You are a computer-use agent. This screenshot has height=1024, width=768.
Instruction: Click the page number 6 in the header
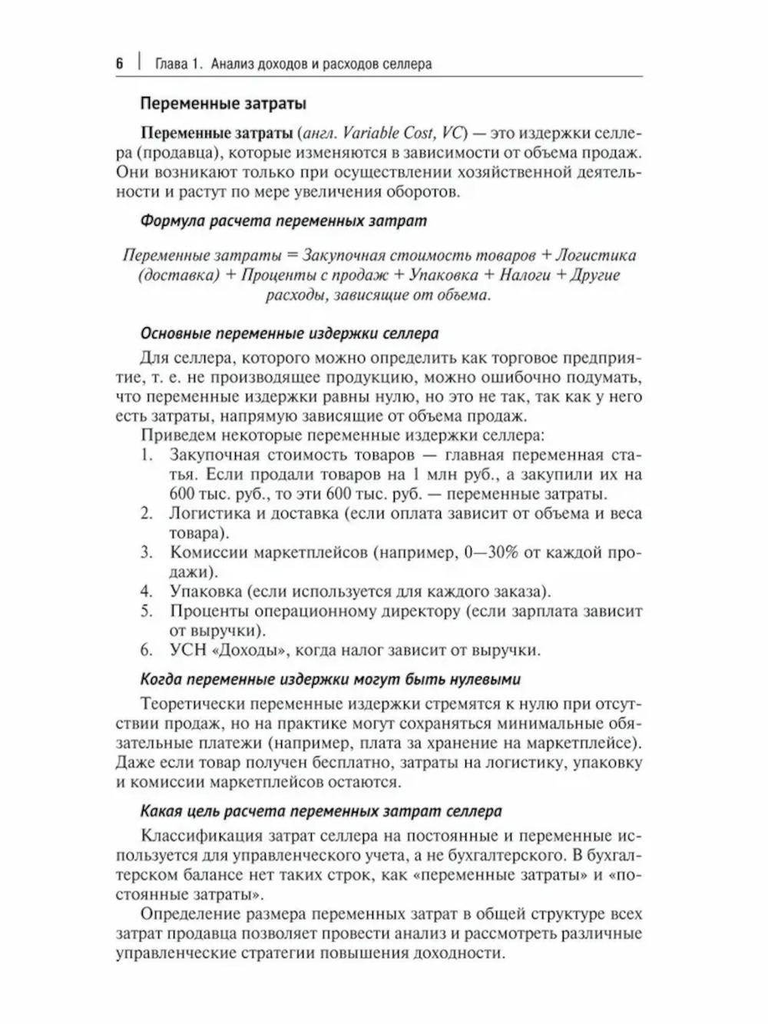click(120, 64)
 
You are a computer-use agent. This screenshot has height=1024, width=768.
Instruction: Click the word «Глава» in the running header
click(170, 64)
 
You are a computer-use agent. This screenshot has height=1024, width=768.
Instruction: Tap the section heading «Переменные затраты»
click(222, 102)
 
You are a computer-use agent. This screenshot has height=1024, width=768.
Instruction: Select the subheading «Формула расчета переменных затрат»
click(283, 221)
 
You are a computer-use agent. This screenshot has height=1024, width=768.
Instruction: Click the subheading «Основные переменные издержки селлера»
click(290, 334)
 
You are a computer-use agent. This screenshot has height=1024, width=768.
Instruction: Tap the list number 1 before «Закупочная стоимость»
click(146, 455)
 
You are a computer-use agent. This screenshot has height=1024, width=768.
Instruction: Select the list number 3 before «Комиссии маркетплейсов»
click(146, 553)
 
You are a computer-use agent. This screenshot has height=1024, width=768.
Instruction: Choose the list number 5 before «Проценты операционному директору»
click(146, 611)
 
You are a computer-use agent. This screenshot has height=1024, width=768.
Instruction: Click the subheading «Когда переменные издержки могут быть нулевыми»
click(331, 679)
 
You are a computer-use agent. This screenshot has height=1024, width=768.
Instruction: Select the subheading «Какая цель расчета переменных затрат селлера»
click(321, 811)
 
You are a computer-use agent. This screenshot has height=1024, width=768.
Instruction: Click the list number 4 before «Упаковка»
click(146, 592)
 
